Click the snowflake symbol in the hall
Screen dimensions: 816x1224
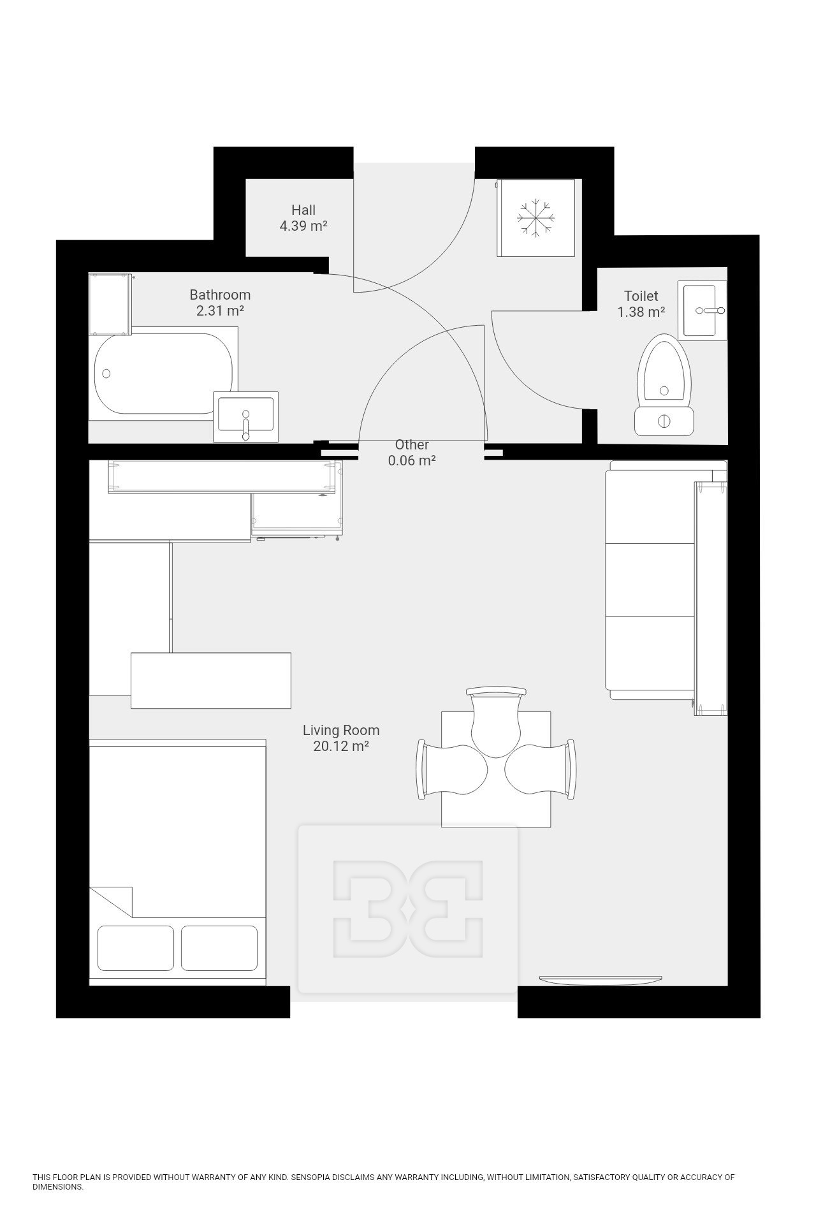(x=535, y=218)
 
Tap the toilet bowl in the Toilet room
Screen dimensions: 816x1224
(x=665, y=372)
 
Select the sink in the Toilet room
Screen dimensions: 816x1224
(x=702, y=310)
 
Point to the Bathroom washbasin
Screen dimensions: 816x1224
(x=245, y=417)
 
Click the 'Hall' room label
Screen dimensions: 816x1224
(x=303, y=210)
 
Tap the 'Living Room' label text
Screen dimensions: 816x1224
(x=341, y=730)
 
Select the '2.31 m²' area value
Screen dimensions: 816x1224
(x=220, y=310)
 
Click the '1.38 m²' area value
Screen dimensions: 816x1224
(x=641, y=312)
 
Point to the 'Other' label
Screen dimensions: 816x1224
(x=412, y=444)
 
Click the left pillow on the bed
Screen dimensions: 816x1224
(x=136, y=948)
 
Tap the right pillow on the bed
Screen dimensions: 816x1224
(x=219, y=948)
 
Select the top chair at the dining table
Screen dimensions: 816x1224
(x=496, y=722)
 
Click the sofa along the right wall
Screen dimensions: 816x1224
(x=666, y=580)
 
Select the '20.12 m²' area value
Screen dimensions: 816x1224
(x=341, y=747)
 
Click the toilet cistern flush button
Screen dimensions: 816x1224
(x=664, y=421)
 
